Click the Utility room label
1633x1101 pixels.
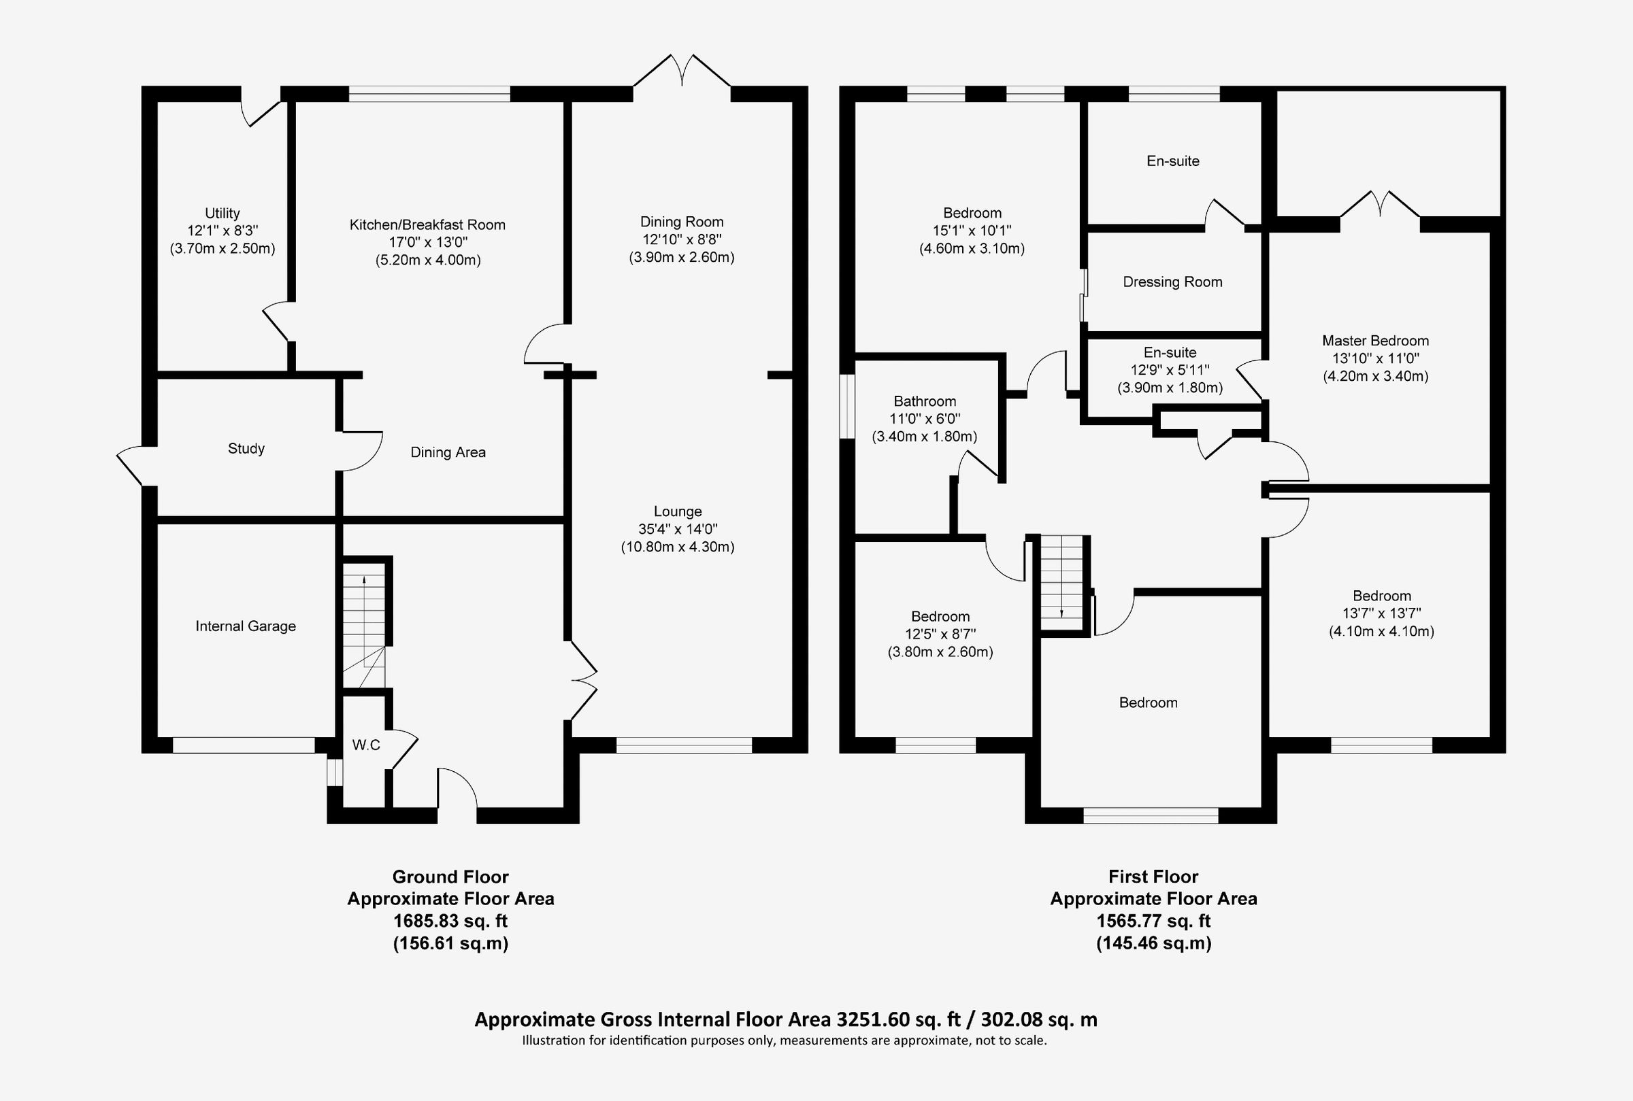pyautogui.click(x=222, y=213)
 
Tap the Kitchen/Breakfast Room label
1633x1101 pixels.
pyautogui.click(x=428, y=224)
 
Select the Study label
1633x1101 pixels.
pyautogui.click(x=246, y=449)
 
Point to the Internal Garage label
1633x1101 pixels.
pyautogui.click(x=245, y=626)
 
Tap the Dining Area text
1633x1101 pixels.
pyautogui.click(x=448, y=452)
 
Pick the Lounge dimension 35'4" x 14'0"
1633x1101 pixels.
pyautogui.click(x=678, y=528)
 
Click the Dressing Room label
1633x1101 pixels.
pyautogui.click(x=1172, y=282)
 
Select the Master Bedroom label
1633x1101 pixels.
pyautogui.click(x=1375, y=341)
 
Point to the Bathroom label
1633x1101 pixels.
pyautogui.click(x=924, y=401)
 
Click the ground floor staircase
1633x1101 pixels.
pyautogui.click(x=364, y=625)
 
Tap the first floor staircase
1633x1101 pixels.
pyautogui.click(x=1061, y=577)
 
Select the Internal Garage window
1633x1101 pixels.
pyautogui.click(x=244, y=745)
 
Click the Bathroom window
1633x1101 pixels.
pyautogui.click(x=847, y=407)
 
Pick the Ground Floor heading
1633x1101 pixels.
pyautogui.click(x=450, y=877)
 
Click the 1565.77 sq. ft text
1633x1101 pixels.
pyautogui.click(x=1153, y=921)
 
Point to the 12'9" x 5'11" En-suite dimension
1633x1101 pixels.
pyautogui.click(x=1170, y=370)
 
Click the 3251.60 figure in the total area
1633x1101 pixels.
pyautogui.click(x=873, y=1019)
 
